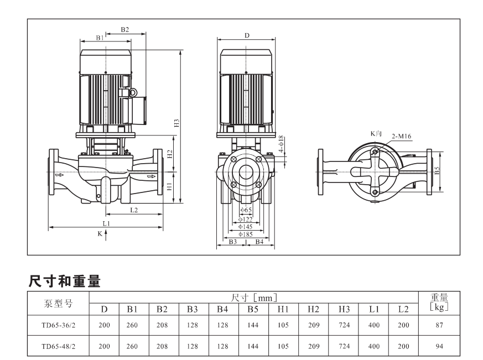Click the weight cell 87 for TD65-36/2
[439, 325]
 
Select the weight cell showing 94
[439, 346]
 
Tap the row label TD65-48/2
[58, 346]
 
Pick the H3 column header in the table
[344, 309]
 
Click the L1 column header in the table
[373, 309]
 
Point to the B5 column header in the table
[253, 309]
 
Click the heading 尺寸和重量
[64, 281]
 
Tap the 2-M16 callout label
[401, 136]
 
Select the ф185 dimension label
[246, 234]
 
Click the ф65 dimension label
[246, 210]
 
